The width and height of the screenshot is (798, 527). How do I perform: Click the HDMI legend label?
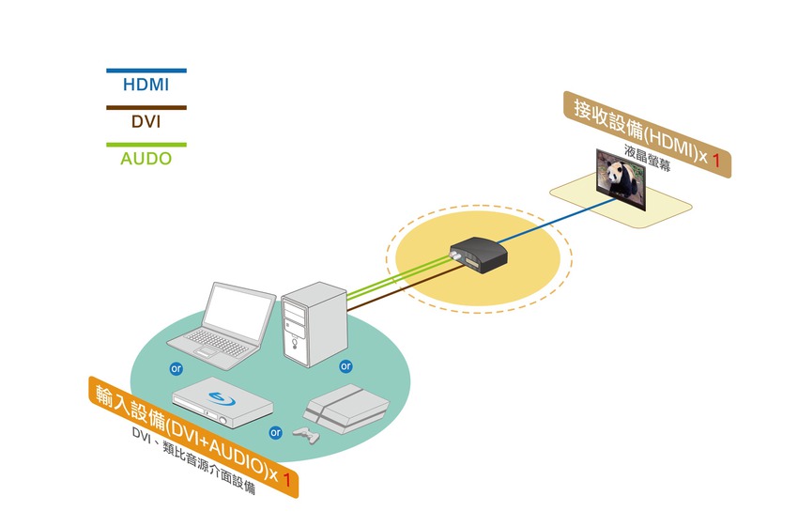pyautogui.click(x=146, y=85)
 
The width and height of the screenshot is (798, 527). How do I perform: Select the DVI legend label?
pyautogui.click(x=146, y=122)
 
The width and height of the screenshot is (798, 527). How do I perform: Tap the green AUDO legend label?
pyautogui.click(x=146, y=159)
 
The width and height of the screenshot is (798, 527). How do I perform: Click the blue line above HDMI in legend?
pyautogui.click(x=146, y=70)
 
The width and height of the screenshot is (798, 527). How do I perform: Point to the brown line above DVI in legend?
pyautogui.click(x=146, y=108)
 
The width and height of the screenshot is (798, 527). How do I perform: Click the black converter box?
pyautogui.click(x=479, y=255)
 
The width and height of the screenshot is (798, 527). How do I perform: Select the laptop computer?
pyautogui.click(x=222, y=325)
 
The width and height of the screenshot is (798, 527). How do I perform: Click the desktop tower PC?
pyautogui.click(x=314, y=324)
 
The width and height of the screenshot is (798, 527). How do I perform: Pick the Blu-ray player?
pyautogui.click(x=223, y=402)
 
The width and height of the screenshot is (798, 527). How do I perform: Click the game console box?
pyautogui.click(x=346, y=409)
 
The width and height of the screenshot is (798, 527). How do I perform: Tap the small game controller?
pyautogui.click(x=306, y=435)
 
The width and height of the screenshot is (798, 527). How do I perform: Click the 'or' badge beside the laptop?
pyautogui.click(x=176, y=368)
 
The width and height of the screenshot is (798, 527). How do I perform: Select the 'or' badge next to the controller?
pyautogui.click(x=275, y=433)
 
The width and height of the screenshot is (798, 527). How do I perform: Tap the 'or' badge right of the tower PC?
pyautogui.click(x=345, y=366)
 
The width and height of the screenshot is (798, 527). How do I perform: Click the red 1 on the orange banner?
pyautogui.click(x=287, y=479)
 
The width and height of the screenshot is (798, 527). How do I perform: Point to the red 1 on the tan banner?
pyautogui.click(x=716, y=161)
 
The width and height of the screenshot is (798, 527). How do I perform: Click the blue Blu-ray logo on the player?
pyautogui.click(x=222, y=398)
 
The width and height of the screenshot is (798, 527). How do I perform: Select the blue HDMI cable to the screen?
pyautogui.click(x=557, y=221)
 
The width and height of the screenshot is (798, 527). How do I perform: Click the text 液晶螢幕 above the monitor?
pyautogui.click(x=648, y=157)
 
